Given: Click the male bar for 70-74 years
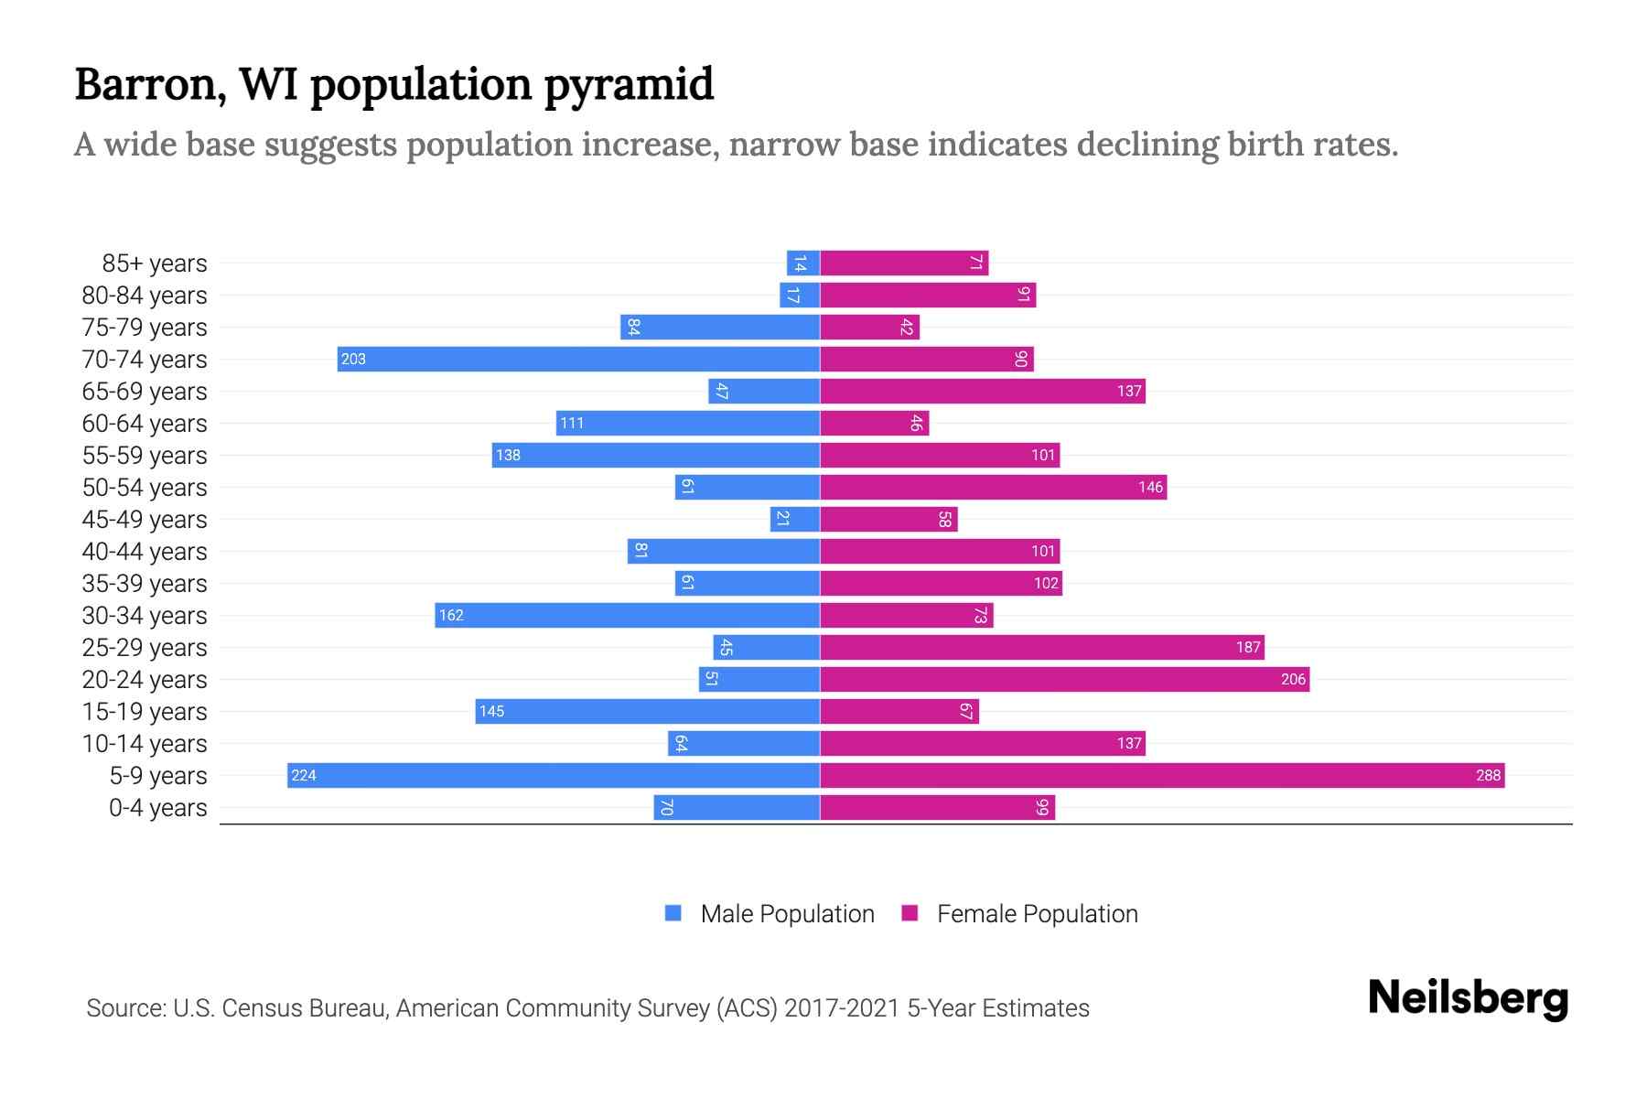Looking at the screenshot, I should [x=578, y=359].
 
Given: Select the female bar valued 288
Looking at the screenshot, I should [x=1162, y=775].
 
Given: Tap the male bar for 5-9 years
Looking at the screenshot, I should [x=554, y=775].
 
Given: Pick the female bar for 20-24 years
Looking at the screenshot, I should [x=1064, y=679].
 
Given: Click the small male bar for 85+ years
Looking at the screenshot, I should [x=802, y=263].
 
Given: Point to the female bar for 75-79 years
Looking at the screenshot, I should [x=869, y=327].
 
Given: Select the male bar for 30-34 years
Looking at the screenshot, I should [x=627, y=615].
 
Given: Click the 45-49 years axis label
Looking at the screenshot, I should [x=145, y=520].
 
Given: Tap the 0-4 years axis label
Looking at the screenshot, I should [x=157, y=808].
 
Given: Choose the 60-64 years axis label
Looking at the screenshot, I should [x=145, y=424].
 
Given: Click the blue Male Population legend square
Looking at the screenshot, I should [x=673, y=913].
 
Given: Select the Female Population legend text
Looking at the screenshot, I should [x=1037, y=913].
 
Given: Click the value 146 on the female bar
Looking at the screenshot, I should [x=1150, y=487].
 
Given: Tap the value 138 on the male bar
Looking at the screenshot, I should [x=508, y=455].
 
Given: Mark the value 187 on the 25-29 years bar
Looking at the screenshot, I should [x=1248, y=647].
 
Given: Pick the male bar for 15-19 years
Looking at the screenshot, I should [x=647, y=711].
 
